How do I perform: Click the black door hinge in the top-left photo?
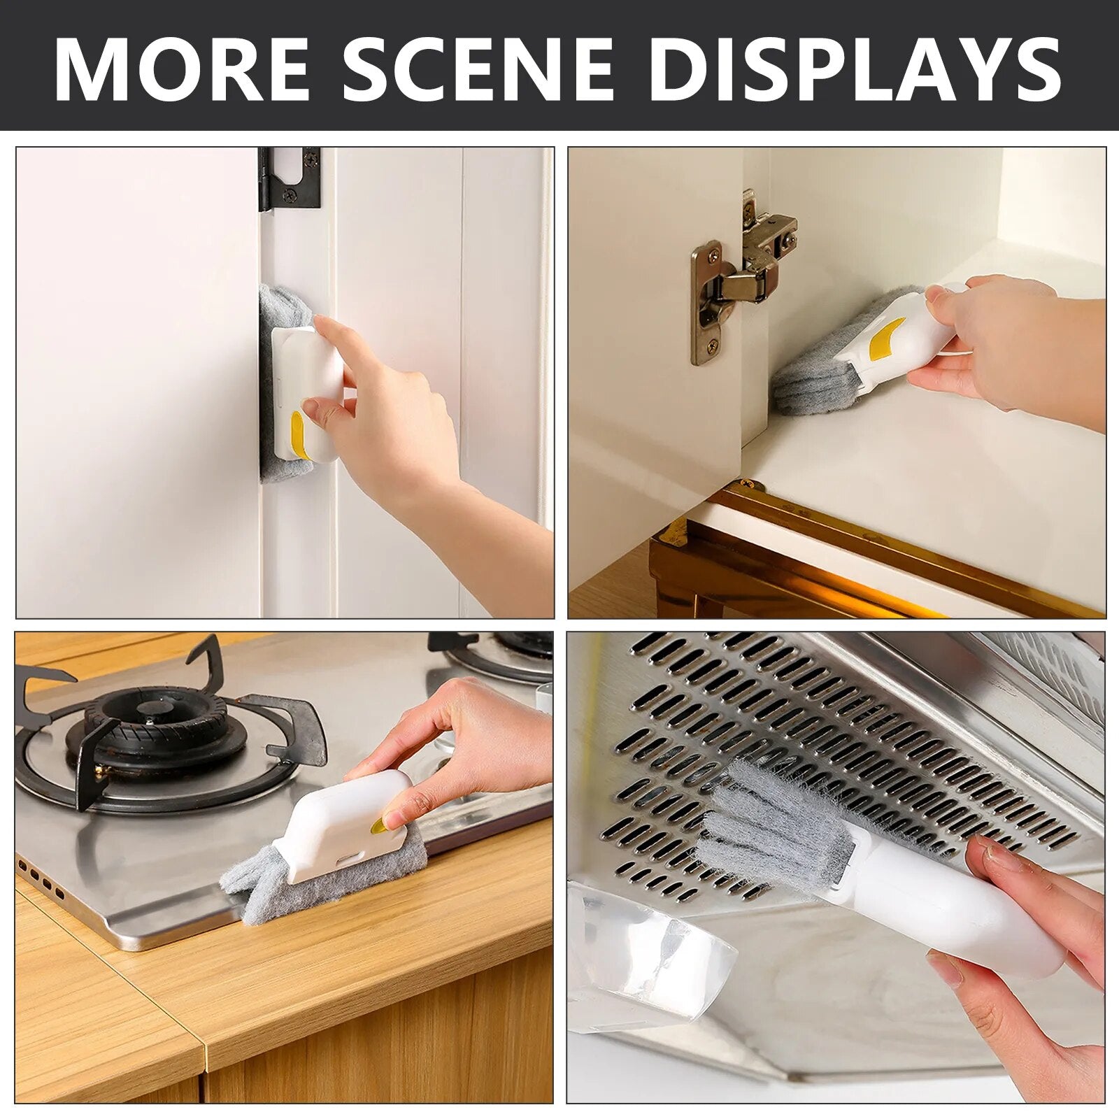point(289,178)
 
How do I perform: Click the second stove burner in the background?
point(501,655)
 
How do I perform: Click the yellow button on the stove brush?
point(378,826)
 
